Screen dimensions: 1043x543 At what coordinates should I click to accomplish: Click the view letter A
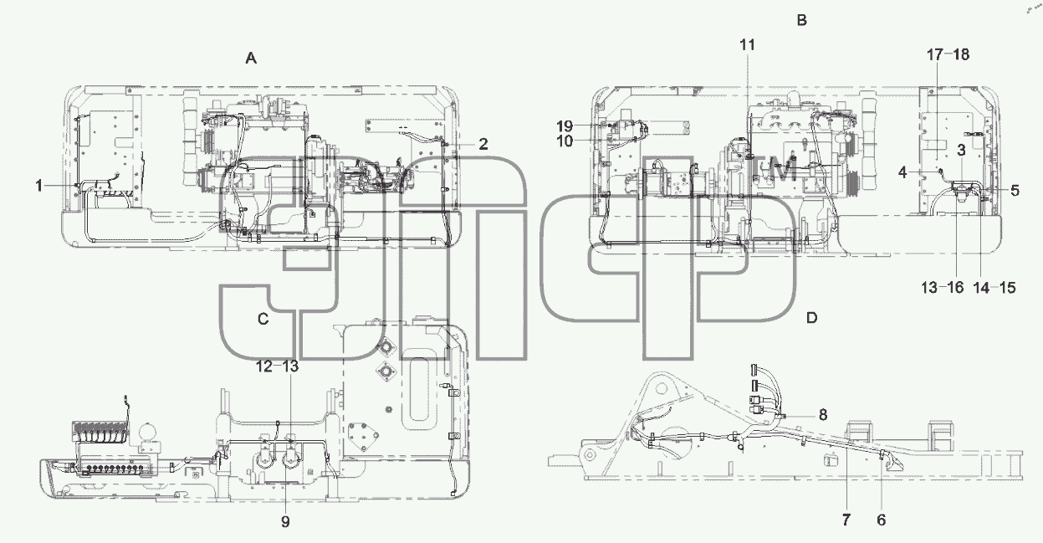pyautogui.click(x=251, y=59)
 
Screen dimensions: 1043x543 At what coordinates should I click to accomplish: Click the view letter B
pyautogui.click(x=802, y=20)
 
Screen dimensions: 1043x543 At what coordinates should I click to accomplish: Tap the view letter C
pyautogui.click(x=263, y=319)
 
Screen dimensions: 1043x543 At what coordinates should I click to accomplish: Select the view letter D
pyautogui.click(x=811, y=318)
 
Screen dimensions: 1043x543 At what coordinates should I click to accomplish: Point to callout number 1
pyautogui.click(x=39, y=186)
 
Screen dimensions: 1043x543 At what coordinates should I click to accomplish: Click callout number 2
pyautogui.click(x=483, y=144)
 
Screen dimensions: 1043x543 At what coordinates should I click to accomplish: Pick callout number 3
pyautogui.click(x=961, y=150)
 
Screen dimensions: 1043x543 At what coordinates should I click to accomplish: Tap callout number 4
pyautogui.click(x=902, y=172)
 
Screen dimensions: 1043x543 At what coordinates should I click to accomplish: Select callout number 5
pyautogui.click(x=1015, y=190)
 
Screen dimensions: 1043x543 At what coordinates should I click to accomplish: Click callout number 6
pyautogui.click(x=881, y=520)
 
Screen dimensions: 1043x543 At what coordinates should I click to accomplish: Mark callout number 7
pyautogui.click(x=846, y=520)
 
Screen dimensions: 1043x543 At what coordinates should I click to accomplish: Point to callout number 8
pyautogui.click(x=823, y=414)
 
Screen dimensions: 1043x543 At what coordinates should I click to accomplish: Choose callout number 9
pyautogui.click(x=285, y=522)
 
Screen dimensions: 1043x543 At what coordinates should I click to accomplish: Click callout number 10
pyautogui.click(x=565, y=141)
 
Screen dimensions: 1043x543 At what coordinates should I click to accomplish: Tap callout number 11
pyautogui.click(x=747, y=44)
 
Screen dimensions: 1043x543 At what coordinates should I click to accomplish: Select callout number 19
pyautogui.click(x=565, y=126)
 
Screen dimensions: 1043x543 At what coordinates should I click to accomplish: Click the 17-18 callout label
pyautogui.click(x=948, y=54)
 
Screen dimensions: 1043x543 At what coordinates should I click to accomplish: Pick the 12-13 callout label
pyautogui.click(x=277, y=366)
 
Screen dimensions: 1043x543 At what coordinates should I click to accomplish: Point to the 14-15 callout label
pyautogui.click(x=994, y=288)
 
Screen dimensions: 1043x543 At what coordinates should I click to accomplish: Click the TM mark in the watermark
pyautogui.click(x=775, y=170)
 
